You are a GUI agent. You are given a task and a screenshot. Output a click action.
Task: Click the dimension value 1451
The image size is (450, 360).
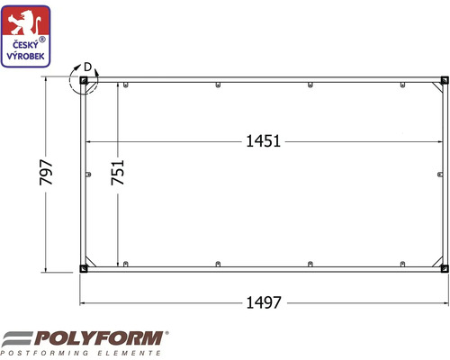point(263,141)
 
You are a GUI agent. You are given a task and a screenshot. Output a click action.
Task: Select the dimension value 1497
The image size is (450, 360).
point(264,302)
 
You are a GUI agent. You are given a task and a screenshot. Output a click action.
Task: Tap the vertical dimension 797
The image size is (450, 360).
point(46,172)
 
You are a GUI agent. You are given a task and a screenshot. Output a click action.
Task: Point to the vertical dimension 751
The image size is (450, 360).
point(117,172)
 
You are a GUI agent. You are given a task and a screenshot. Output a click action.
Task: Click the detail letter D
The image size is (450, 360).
point(87,67)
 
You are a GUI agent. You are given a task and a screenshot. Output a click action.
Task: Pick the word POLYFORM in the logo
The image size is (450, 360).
point(98,338)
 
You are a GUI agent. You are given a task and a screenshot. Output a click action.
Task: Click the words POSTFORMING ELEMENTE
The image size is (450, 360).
point(80,353)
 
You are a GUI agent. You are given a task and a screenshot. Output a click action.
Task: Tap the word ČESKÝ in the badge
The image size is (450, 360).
point(25,45)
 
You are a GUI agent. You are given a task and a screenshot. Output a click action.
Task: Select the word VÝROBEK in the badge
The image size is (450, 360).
point(25,56)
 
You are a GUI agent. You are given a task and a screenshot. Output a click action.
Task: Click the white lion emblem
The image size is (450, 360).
point(25,22)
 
